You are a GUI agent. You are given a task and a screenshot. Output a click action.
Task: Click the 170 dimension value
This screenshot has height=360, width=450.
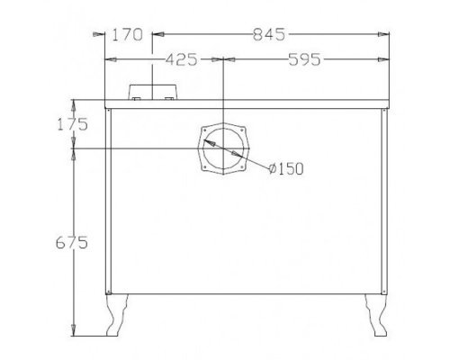[x=127, y=34]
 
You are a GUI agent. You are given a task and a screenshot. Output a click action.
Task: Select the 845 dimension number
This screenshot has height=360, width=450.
[x=269, y=34]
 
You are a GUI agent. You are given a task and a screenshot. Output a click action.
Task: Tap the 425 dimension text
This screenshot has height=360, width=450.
[x=182, y=59]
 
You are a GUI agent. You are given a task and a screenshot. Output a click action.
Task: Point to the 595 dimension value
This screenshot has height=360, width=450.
[x=304, y=59]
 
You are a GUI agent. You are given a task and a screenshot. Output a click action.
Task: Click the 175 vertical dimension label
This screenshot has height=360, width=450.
[x=73, y=124]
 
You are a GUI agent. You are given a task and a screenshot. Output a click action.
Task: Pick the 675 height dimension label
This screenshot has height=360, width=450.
[x=72, y=242]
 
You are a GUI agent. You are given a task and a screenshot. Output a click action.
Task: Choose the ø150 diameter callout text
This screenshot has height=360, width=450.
[x=286, y=168]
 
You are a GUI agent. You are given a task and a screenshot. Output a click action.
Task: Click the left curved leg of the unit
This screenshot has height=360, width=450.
[x=117, y=315]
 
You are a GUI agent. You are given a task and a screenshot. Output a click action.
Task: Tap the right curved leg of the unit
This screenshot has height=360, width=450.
[x=375, y=315]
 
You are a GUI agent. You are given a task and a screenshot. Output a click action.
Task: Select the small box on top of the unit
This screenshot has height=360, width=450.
[x=152, y=92]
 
